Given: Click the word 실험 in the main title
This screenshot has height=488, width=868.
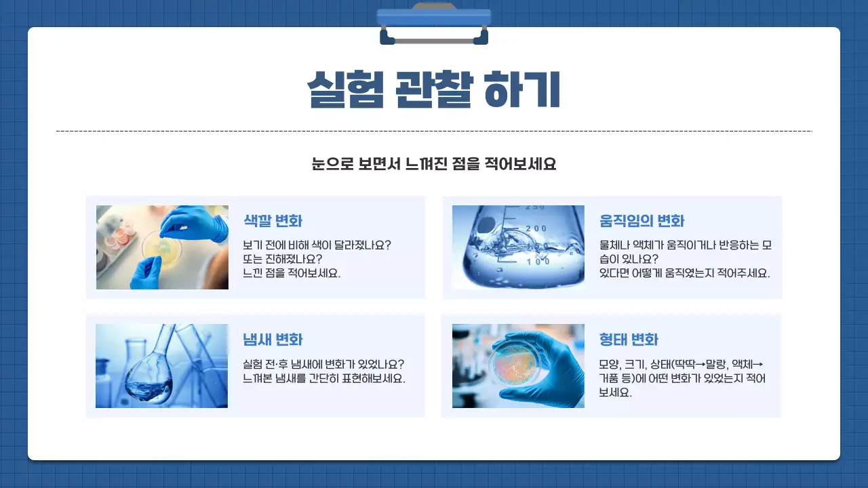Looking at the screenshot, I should pos(342,89).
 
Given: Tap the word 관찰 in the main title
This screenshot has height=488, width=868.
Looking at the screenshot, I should pos(433,89).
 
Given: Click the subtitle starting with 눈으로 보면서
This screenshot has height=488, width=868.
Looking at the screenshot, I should pos(434,164).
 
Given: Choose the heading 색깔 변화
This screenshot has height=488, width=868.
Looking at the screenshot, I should pos(273,221).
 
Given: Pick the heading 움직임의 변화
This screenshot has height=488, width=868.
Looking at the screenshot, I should pos(642,221).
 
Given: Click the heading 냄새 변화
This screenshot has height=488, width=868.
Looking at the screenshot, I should pos(273,340).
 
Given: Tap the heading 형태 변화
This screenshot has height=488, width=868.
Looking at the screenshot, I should pos(629,340).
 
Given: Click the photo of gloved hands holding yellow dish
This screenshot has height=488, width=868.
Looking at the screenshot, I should pos(162,247).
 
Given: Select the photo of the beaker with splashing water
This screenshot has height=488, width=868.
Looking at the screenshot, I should pos(518,247).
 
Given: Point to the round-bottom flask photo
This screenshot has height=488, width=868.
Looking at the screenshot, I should pos(161,366).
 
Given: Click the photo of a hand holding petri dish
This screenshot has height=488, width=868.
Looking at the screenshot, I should pos(518,366).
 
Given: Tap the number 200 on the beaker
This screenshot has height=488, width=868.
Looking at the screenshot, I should pos(536,228).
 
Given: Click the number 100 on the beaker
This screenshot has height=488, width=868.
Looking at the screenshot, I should pos(538,261).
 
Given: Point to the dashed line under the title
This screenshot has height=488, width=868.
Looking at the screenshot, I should pos(434,131).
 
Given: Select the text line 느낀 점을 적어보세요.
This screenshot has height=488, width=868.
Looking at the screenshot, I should pos(292,274).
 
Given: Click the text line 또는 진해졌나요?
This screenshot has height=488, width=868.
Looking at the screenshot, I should pos(282,259).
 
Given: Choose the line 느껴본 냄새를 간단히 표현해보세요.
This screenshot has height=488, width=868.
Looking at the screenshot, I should pos(324,378).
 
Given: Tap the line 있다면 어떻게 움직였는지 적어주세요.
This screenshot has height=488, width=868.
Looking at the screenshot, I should pos(684,274).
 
